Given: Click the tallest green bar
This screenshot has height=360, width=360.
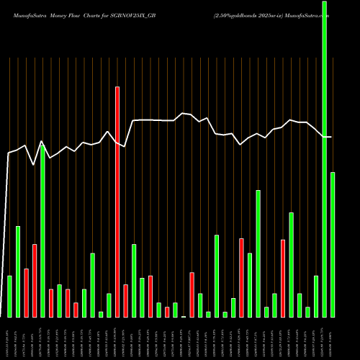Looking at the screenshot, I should [324, 158].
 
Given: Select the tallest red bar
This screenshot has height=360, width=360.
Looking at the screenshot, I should [117, 202].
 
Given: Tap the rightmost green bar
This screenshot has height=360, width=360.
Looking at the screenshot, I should [332, 244].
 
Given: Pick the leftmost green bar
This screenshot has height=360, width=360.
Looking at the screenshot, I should [9, 296].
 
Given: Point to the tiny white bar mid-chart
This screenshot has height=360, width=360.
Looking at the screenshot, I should [184, 316].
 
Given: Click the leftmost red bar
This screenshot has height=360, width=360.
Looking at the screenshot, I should [26, 292].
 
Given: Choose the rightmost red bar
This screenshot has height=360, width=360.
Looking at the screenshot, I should [283, 278].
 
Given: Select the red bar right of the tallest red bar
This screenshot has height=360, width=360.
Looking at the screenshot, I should [125, 300].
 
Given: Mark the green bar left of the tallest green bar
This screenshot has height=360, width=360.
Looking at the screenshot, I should [316, 296].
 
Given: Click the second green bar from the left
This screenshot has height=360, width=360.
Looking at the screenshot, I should [18, 271].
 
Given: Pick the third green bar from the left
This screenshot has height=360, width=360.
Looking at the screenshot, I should [42, 230].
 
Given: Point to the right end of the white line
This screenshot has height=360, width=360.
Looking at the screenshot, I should [331, 137].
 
